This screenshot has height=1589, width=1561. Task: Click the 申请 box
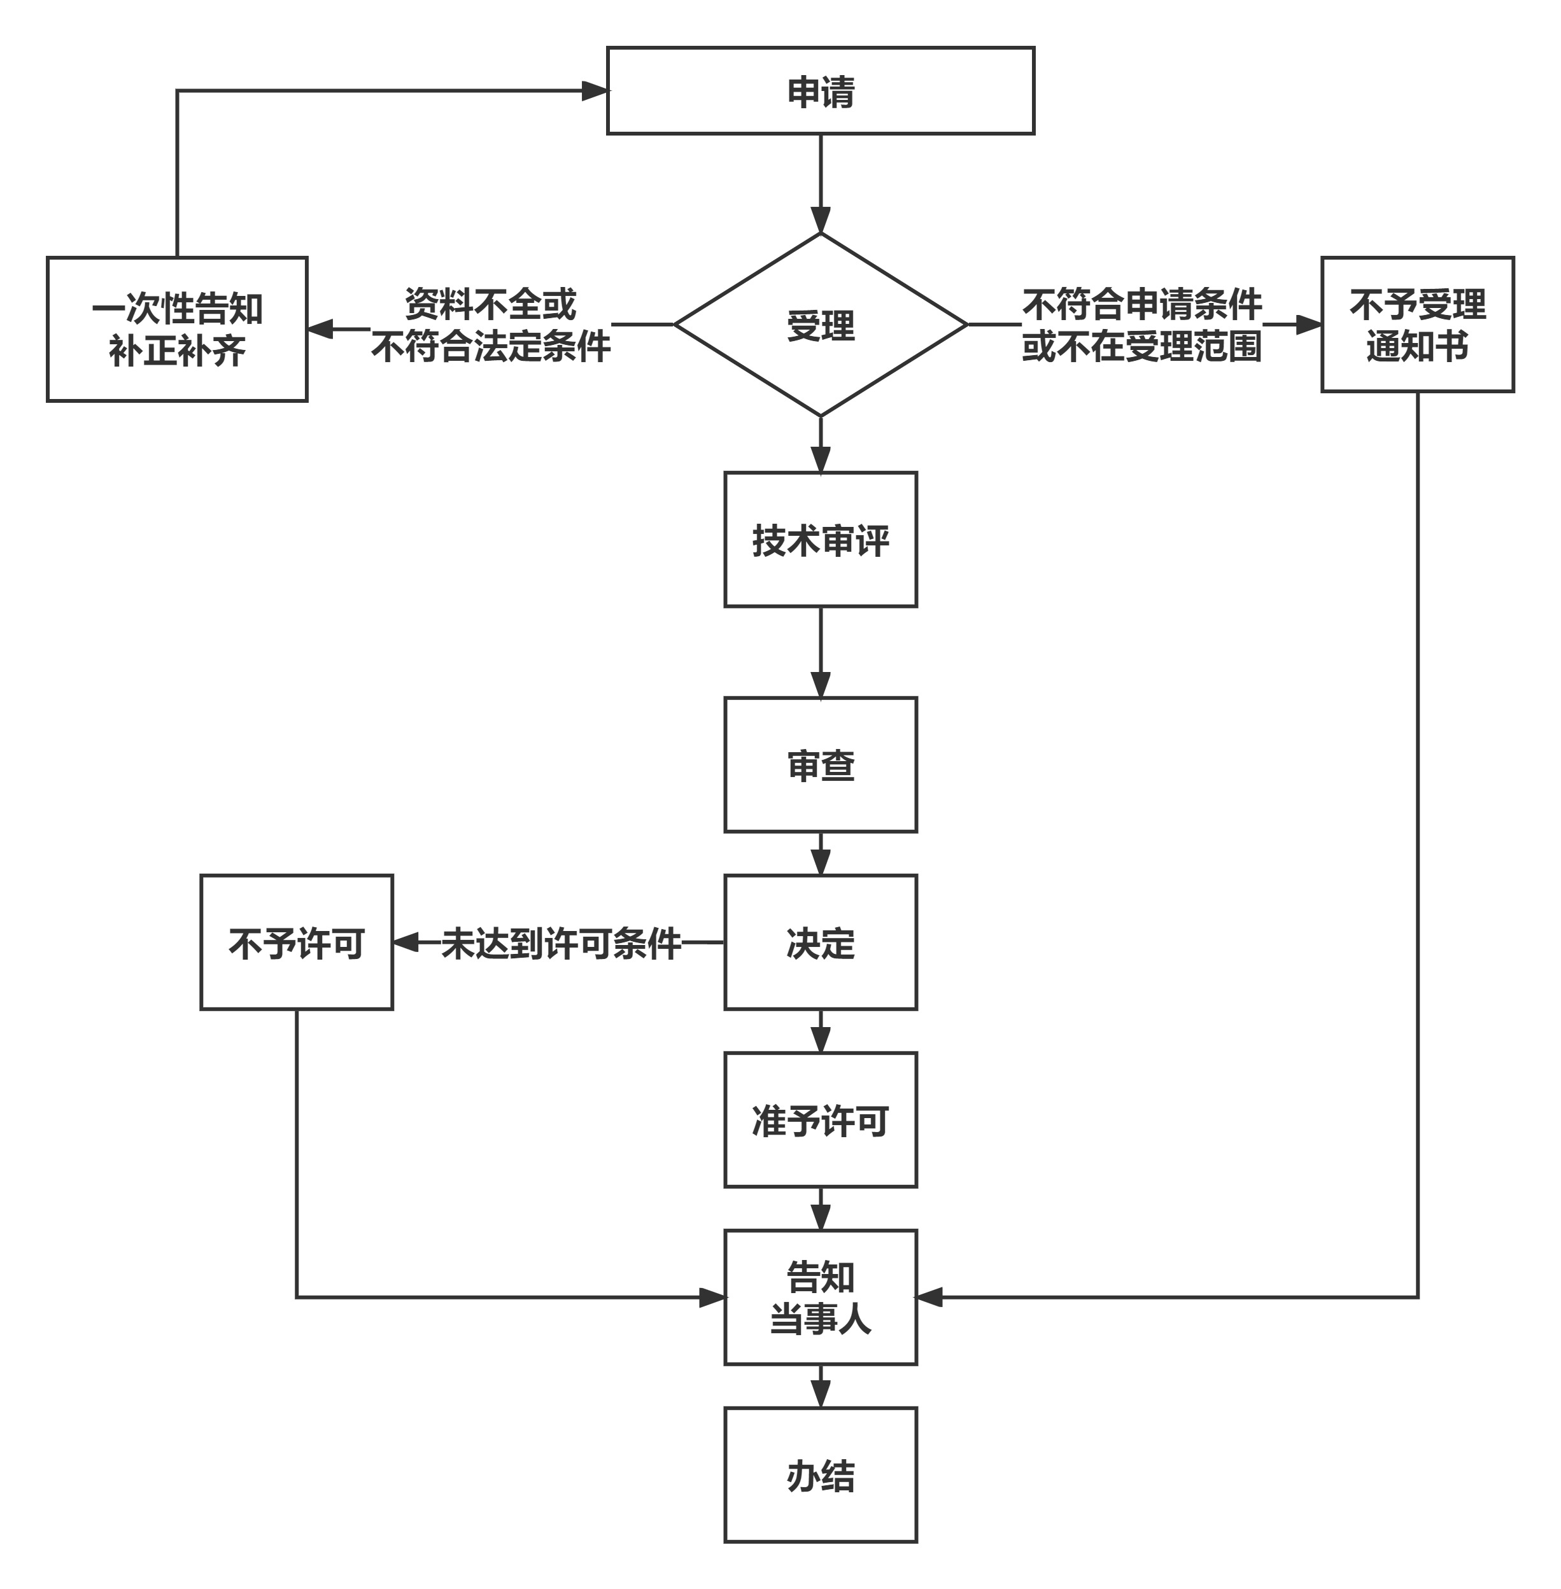coord(820,91)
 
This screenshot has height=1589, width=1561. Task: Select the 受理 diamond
coord(820,325)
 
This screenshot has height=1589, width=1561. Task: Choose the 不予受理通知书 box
coord(1418,325)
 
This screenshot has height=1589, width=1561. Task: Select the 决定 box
coord(820,942)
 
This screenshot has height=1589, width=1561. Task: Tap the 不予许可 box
coord(297,942)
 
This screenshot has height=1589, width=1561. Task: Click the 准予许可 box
coord(820,1120)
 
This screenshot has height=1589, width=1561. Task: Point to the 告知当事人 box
coord(820,1298)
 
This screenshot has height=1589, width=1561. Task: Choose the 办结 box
coord(820,1475)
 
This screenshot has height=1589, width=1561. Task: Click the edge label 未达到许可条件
coord(562,943)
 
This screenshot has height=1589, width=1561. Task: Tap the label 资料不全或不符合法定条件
coord(491,325)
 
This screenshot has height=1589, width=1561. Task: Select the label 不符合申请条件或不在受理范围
coord(1142,325)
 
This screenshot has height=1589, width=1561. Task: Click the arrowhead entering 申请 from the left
coord(595,91)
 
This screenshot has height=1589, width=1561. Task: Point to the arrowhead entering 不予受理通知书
coord(1310,325)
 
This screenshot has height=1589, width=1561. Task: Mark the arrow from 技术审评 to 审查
coord(821,652)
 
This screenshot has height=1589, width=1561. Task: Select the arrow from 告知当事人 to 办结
coord(821,1387)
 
